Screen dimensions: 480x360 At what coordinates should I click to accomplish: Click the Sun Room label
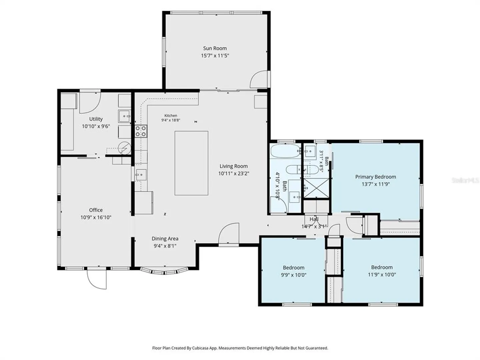(x=215, y=48)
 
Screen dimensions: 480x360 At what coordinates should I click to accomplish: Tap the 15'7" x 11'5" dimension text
(x=215, y=56)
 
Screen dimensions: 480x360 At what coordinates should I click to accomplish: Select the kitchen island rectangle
(x=191, y=163)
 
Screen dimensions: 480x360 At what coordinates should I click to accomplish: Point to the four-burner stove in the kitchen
(x=141, y=131)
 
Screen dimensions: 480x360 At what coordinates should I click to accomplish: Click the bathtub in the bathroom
(x=285, y=151)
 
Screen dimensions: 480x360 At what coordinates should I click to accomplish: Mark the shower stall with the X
(x=316, y=188)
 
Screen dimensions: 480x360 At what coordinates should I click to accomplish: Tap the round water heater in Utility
(x=124, y=148)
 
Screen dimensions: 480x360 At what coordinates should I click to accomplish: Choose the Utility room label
(x=96, y=119)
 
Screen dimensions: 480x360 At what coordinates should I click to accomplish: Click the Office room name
(x=96, y=210)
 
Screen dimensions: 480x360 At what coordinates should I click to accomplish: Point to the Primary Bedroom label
(x=375, y=177)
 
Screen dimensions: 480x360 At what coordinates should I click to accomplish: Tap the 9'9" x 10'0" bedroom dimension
(x=293, y=275)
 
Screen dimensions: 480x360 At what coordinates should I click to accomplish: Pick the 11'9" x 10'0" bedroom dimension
(x=382, y=275)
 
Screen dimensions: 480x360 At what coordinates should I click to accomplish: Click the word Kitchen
(x=171, y=115)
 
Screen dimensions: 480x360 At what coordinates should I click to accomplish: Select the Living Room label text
(x=234, y=166)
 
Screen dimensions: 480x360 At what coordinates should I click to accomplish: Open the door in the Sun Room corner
(x=259, y=79)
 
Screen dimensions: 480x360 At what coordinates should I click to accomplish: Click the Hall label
(x=314, y=219)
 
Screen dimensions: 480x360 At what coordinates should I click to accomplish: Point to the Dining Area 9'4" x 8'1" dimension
(x=165, y=246)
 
